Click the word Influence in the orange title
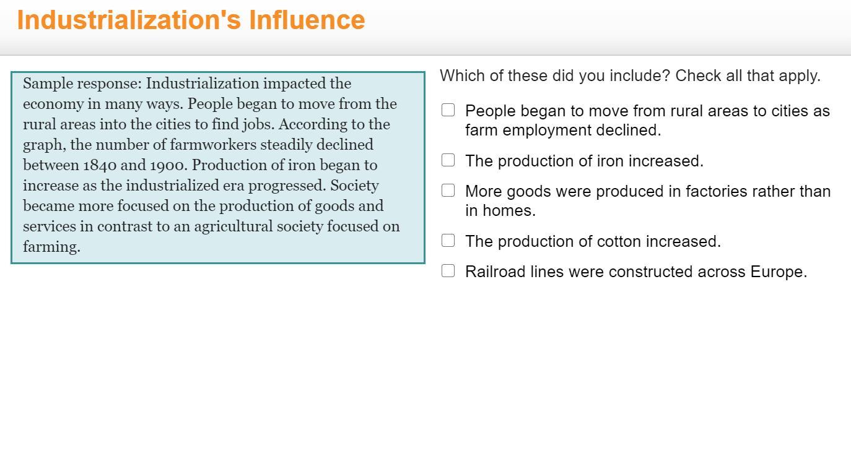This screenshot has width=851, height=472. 307,20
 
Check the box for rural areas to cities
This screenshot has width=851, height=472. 448,110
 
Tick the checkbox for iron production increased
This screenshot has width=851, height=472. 448,160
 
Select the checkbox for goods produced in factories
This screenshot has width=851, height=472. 448,191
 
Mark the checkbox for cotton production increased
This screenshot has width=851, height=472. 448,241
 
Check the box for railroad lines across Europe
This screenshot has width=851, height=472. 448,271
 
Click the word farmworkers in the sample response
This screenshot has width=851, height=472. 213,145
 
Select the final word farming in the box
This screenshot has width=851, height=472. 51,247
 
